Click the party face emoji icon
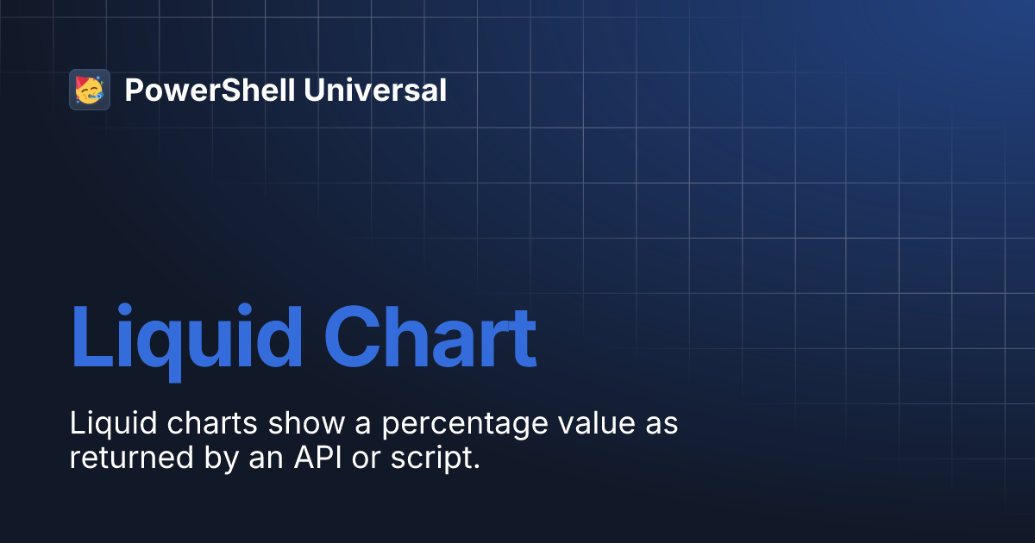click(x=90, y=90)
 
